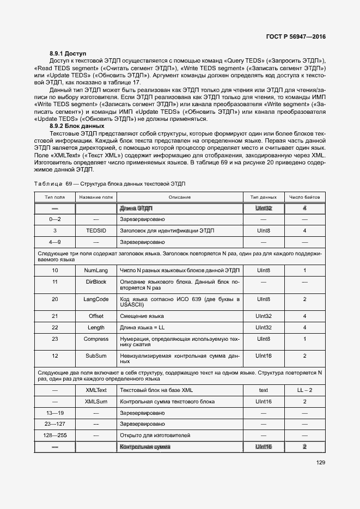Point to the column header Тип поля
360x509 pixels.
[x=54, y=197]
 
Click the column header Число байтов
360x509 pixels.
[x=304, y=197]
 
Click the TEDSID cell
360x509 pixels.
[x=96, y=231]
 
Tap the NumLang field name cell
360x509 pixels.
[x=96, y=270]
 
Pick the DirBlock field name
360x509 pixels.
[x=96, y=281]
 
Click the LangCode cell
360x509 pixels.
[x=96, y=299]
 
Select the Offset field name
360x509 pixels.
[x=96, y=316]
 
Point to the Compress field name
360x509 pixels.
[x=96, y=339]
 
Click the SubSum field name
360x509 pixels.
[x=96, y=355]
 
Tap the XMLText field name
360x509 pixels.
[x=96, y=390]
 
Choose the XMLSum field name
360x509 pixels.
[x=96, y=401]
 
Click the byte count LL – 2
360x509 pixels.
[x=304, y=390]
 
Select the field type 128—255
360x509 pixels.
[x=54, y=436]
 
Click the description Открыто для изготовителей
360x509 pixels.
[x=155, y=436]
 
